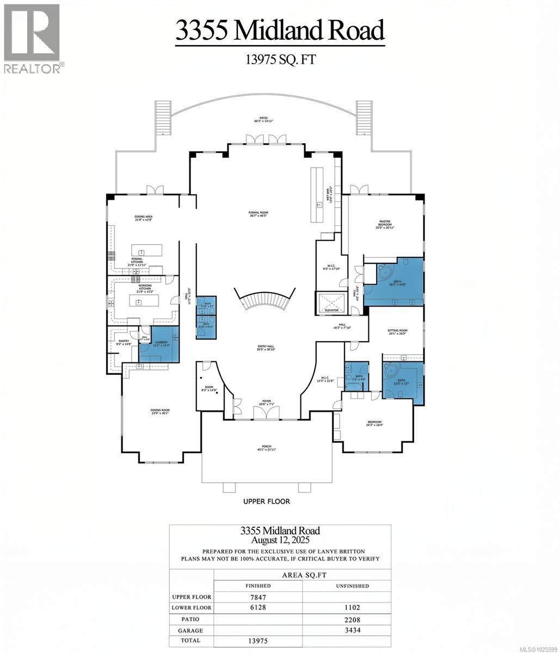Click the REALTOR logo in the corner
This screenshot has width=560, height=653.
tap(33, 38)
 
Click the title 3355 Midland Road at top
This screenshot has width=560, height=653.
tap(280, 30)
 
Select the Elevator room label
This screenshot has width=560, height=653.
tap(331, 310)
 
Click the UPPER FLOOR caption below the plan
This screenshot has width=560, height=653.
tap(267, 501)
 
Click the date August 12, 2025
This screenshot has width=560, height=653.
tap(280, 540)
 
